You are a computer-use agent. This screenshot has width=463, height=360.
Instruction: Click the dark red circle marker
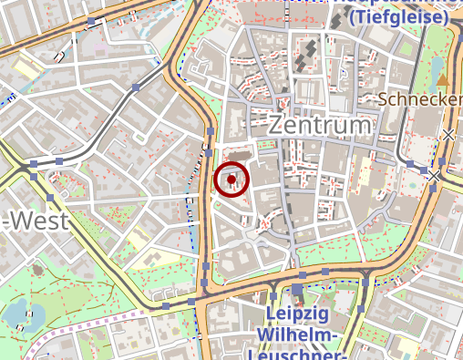click(232, 180)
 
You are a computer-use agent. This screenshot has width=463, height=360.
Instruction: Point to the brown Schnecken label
click(420, 98)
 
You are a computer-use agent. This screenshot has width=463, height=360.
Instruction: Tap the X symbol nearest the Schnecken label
click(448, 136)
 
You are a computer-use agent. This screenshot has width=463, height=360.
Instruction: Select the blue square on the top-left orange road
click(92, 22)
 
